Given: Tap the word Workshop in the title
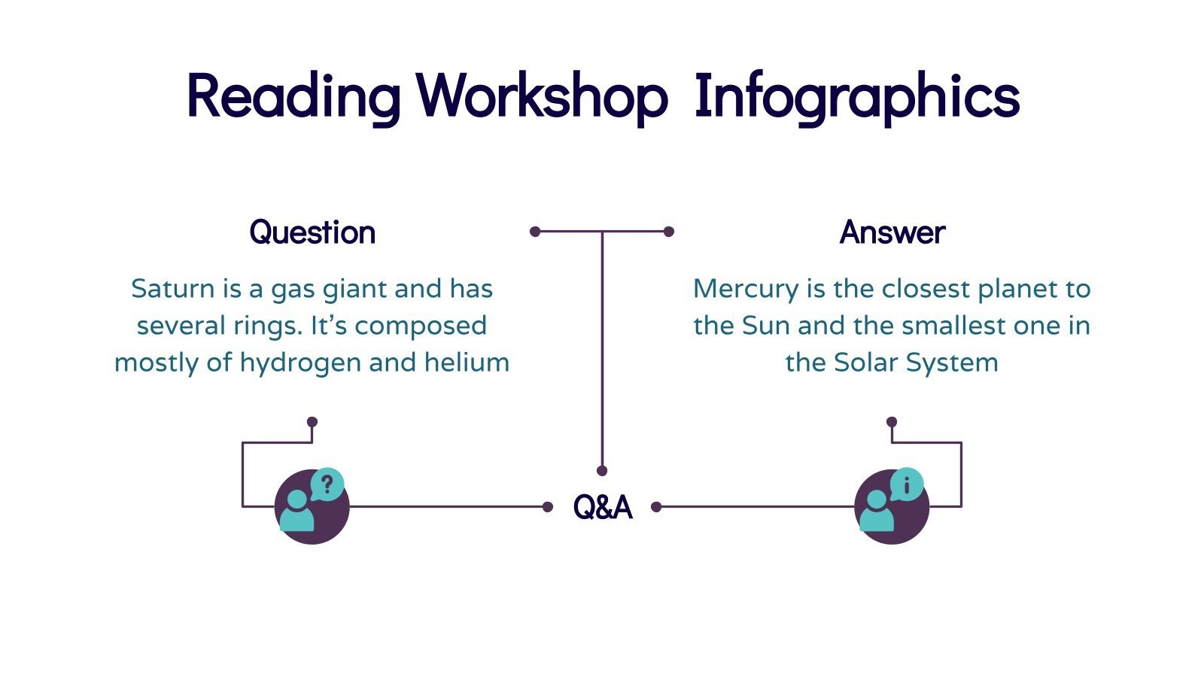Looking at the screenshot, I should point(542,96).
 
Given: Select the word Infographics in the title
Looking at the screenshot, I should point(856,96).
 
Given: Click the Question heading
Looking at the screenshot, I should point(312,232).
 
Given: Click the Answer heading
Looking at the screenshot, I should point(892,232).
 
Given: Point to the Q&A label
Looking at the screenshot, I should point(602,507).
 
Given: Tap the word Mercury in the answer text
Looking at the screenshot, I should point(745,289).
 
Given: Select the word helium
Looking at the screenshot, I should point(467,363).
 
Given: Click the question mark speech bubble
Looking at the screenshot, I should point(327,485).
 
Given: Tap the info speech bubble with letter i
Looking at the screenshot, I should point(907,485).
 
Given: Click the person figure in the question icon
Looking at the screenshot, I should point(297,513).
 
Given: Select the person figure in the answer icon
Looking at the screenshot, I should point(877,513).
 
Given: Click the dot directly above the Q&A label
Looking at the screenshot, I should point(602,471).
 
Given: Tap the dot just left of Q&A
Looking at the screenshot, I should point(548,507).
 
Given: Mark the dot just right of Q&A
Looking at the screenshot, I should point(656,507).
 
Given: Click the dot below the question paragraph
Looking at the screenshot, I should point(312,422).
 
